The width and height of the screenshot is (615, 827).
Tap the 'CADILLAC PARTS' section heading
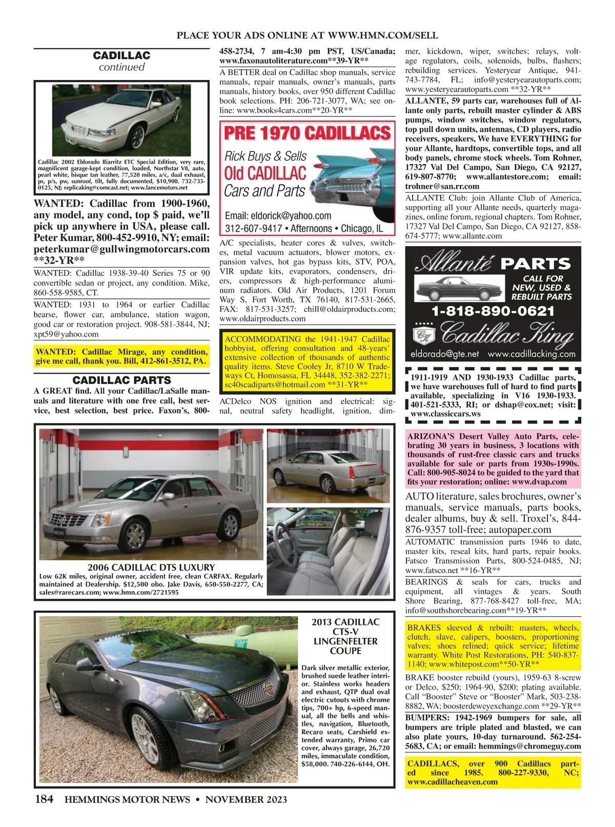click(121, 380)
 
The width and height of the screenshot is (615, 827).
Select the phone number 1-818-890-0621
click(493, 311)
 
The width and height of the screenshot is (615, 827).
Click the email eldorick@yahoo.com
click(278, 216)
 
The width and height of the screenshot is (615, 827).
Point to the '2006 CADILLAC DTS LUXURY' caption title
click(151, 568)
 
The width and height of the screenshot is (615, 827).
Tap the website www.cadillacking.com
click(531, 354)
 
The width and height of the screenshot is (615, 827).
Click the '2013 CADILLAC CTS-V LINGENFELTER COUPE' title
click(345, 636)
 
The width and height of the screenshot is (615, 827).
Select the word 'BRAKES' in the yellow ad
click(424, 628)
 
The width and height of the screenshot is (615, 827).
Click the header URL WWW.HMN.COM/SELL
click(383, 35)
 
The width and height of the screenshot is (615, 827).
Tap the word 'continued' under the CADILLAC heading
click(121, 67)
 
